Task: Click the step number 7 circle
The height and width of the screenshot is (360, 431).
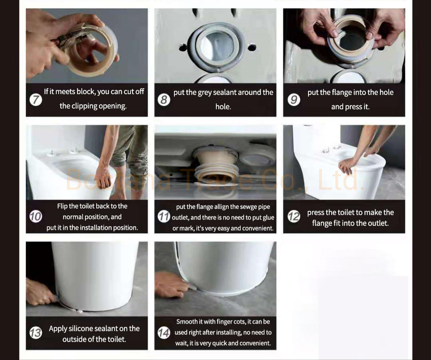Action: (x=36, y=100)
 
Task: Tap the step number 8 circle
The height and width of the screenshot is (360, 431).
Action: (x=164, y=100)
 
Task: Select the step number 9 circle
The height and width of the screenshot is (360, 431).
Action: (x=294, y=100)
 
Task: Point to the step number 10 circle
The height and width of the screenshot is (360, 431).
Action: (x=36, y=217)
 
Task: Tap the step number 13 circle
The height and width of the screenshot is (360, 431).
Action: (x=36, y=332)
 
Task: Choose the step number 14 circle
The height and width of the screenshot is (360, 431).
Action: (x=164, y=332)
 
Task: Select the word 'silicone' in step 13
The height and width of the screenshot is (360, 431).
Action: (x=83, y=328)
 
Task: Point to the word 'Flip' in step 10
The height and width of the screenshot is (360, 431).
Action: (x=62, y=206)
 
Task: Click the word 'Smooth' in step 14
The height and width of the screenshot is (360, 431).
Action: (x=187, y=322)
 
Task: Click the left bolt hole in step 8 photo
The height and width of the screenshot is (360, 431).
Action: (x=183, y=48)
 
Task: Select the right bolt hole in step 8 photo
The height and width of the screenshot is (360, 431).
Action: (x=252, y=48)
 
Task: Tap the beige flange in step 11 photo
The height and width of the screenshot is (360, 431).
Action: (x=215, y=164)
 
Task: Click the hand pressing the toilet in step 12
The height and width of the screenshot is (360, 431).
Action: (x=347, y=164)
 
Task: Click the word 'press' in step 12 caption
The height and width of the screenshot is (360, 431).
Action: (x=316, y=213)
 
